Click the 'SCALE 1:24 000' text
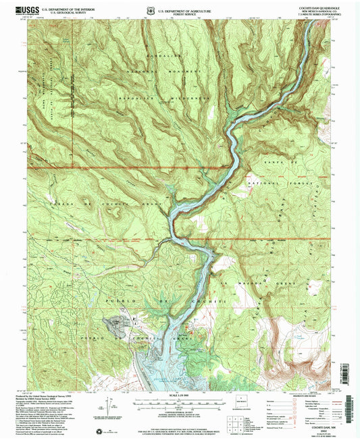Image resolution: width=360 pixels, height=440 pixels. (178, 394)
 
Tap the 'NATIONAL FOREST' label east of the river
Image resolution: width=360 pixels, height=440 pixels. (277, 183)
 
